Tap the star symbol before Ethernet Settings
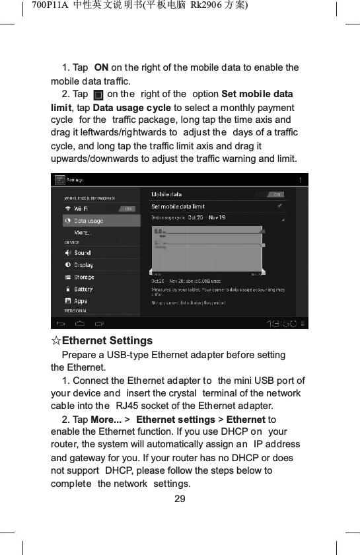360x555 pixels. [56, 341]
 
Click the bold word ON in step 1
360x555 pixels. [102, 67]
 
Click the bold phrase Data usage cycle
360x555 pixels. [131, 108]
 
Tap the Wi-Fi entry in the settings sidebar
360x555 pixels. [82, 209]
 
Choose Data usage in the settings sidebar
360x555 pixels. [88, 221]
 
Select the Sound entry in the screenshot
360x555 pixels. [82, 253]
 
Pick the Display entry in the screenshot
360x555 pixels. [83, 266]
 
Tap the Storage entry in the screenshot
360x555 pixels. [84, 277]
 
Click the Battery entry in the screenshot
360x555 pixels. [83, 289]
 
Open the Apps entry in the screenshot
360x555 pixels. [80, 301]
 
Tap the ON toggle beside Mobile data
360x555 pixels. [277, 194]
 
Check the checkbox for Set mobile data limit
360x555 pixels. [282, 206]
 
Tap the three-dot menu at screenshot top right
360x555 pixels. [302, 180]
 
